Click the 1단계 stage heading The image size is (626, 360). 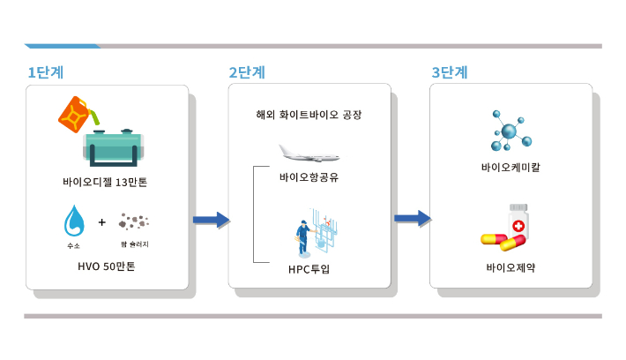pos(45,71)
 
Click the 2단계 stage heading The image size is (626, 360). pos(247,71)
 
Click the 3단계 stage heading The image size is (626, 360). pos(449,71)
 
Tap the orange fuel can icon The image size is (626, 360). pos(77,115)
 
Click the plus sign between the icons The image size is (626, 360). pos(102,221)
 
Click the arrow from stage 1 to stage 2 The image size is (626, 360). pos(211,220)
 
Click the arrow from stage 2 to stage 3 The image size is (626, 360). pos(412,217)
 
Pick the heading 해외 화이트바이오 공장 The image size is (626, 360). pos(309,116)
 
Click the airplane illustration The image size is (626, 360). pos(309,154)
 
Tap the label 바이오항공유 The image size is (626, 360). pos(309,177)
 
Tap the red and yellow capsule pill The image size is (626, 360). pos(501,241)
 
